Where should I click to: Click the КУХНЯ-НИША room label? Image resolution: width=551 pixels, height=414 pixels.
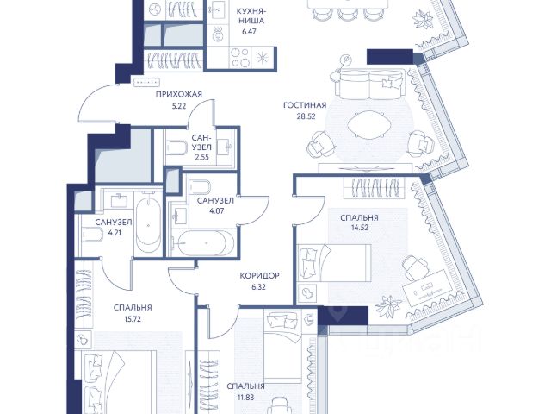(x=251, y=16)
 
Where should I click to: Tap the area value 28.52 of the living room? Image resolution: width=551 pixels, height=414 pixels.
(x=306, y=116)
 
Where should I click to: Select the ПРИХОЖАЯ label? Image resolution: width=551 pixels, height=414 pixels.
(x=179, y=94)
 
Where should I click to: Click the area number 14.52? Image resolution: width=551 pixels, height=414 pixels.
(x=360, y=228)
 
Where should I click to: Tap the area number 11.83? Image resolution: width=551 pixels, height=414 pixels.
(x=245, y=398)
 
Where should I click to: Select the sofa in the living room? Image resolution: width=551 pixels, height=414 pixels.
(x=369, y=85)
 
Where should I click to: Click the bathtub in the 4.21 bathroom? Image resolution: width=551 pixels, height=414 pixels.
(x=148, y=223)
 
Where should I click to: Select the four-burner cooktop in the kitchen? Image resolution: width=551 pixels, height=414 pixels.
(x=240, y=58)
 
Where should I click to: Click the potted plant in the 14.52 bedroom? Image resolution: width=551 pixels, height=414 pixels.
(x=388, y=304)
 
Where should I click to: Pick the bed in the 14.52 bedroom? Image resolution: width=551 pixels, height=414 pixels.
(x=334, y=262)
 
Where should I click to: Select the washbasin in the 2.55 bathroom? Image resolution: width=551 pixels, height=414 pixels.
(x=224, y=146)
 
